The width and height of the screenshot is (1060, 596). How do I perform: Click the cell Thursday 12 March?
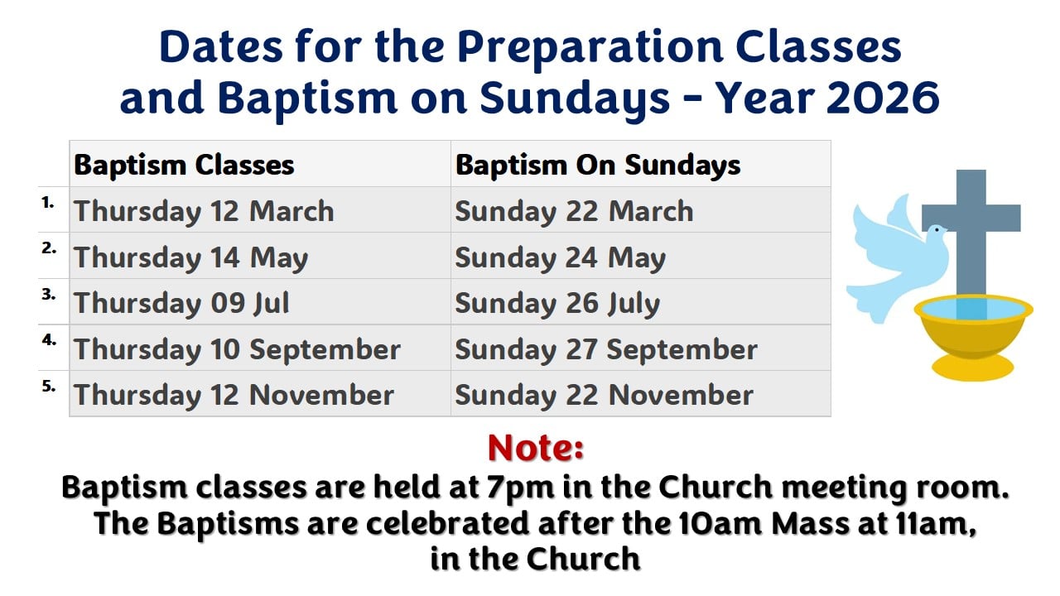(x=204, y=211)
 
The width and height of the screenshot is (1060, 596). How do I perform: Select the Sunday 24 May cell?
(x=560, y=258)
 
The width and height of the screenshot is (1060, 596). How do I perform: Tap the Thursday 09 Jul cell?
(x=182, y=304)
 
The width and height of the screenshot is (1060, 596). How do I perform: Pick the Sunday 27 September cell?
(x=605, y=349)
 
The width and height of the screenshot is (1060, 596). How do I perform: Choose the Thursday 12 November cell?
(x=234, y=395)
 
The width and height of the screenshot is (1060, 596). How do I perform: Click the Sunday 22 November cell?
(x=604, y=395)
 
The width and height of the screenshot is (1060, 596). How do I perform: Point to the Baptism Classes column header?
(x=184, y=165)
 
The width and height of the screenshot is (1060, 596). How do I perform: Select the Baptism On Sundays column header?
(x=598, y=165)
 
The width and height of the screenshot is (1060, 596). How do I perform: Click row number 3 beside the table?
(x=49, y=293)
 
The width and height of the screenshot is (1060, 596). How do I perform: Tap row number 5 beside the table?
(x=49, y=385)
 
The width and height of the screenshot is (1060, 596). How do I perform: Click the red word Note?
(x=536, y=448)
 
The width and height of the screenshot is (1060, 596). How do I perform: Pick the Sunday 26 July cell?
(x=557, y=304)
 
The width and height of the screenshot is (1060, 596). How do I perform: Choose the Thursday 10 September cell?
(x=238, y=349)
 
